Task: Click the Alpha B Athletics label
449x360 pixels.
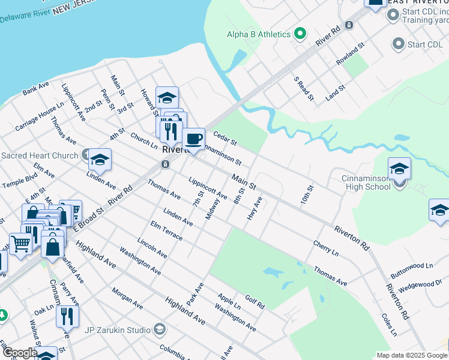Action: (x=259, y=34)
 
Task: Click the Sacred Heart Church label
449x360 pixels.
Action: (x=40, y=155)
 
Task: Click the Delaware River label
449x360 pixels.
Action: (x=24, y=16)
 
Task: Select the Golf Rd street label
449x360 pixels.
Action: (x=255, y=302)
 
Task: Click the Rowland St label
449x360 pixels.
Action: (x=351, y=53)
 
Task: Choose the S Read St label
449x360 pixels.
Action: (x=303, y=88)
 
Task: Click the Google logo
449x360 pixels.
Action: (x=19, y=353)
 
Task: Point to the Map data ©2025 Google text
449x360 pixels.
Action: (x=411, y=355)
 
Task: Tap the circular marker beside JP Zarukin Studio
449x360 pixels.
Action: (x=160, y=329)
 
